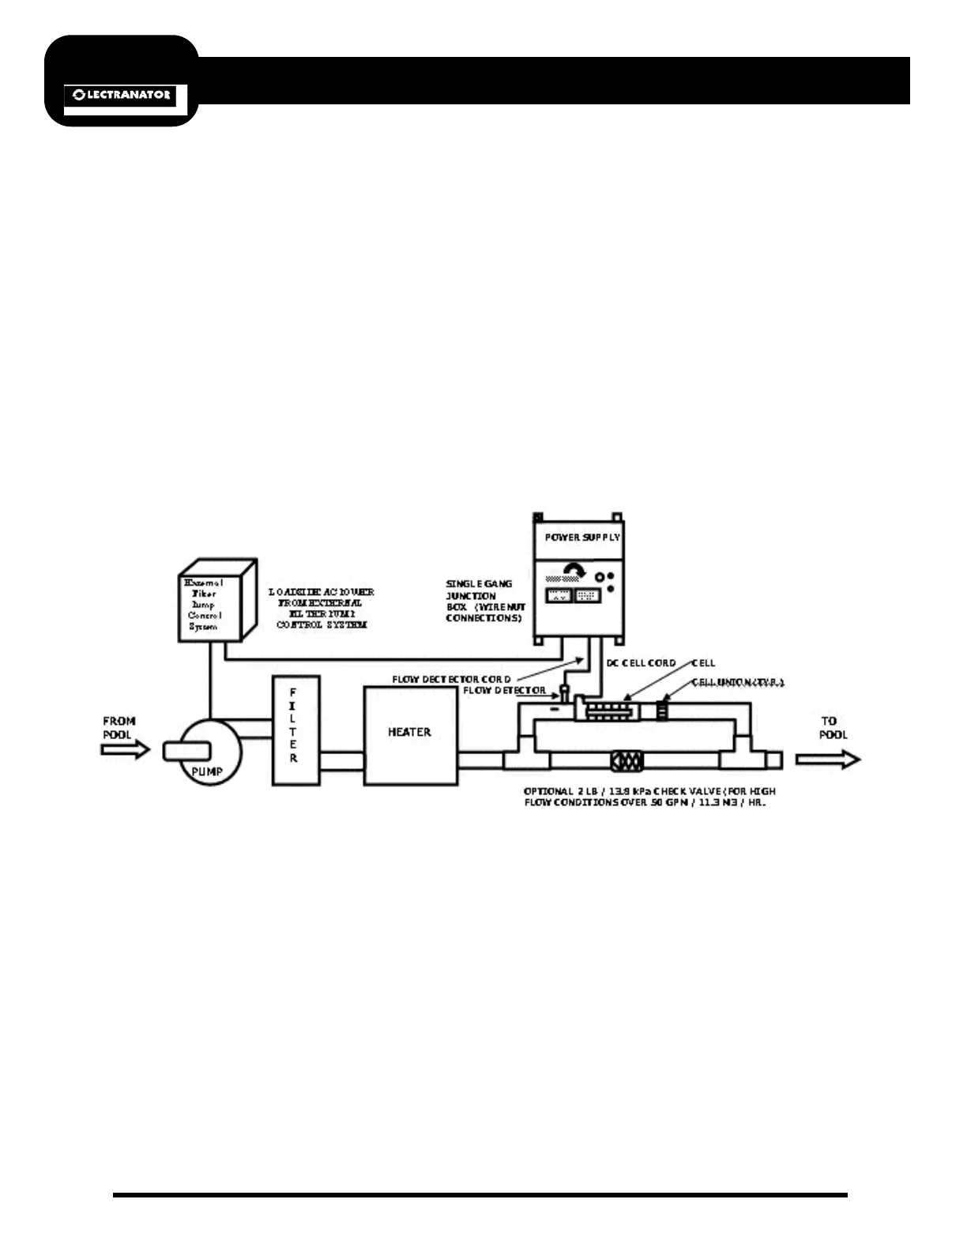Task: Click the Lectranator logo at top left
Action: tap(121, 95)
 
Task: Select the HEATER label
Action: tap(409, 732)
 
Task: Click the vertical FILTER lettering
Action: tap(293, 726)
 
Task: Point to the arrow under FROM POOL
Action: tap(125, 749)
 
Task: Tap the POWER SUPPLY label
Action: tap(582, 537)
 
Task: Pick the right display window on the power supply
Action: tap(588, 595)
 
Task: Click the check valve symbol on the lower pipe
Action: tap(627, 760)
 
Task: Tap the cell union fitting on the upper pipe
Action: tap(662, 709)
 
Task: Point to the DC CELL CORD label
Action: tap(641, 663)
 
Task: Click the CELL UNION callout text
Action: tap(738, 682)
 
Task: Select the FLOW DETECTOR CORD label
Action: tap(451, 679)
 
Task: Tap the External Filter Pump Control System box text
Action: tap(204, 605)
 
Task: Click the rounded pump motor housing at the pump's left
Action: tap(186, 750)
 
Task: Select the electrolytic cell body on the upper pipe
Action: tap(607, 711)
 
